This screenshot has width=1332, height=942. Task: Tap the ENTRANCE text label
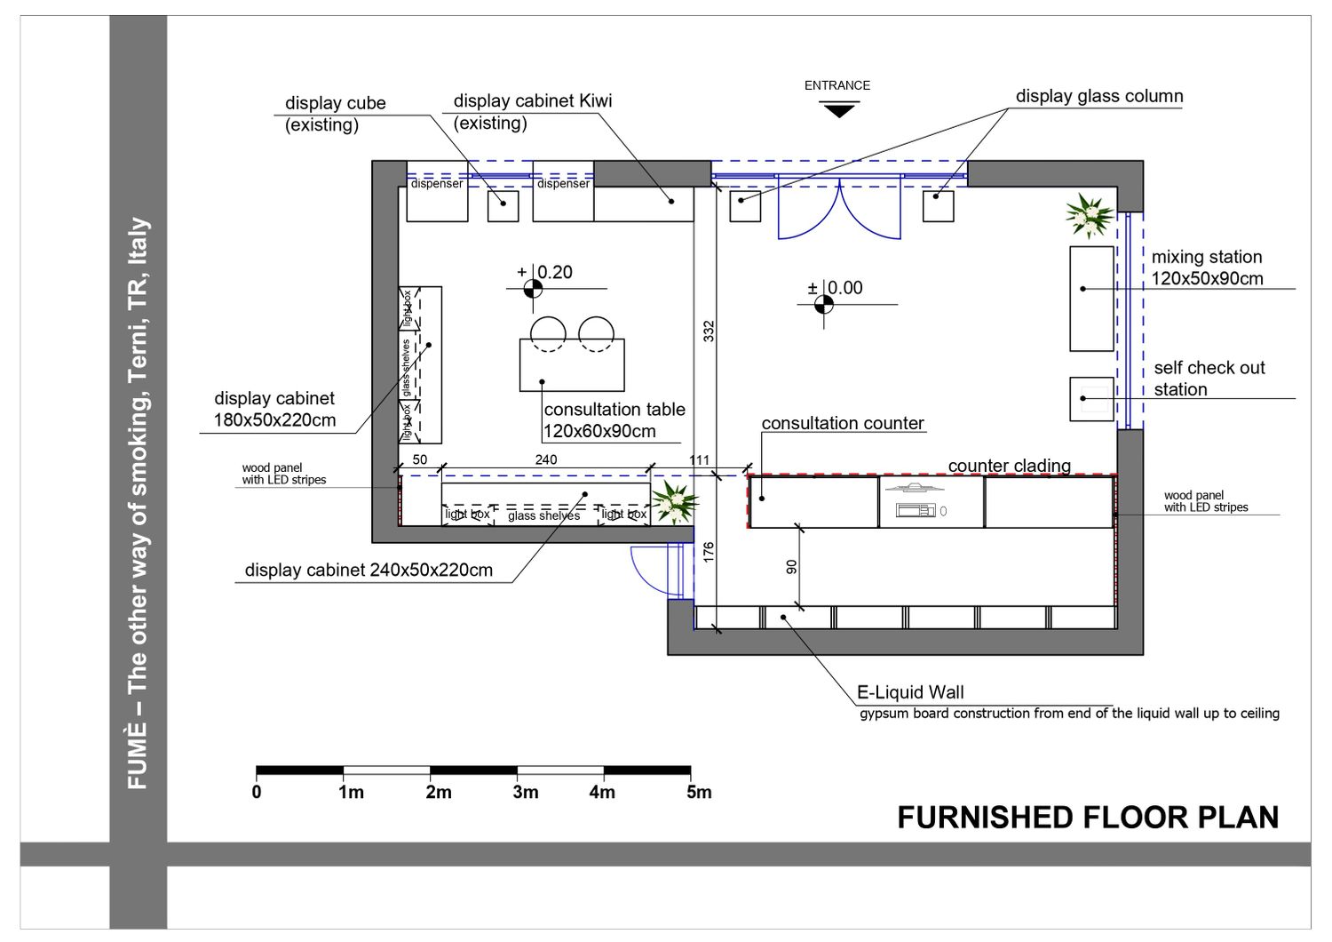837,85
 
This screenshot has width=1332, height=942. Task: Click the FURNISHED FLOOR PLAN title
1088,818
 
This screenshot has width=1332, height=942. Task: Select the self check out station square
1091,399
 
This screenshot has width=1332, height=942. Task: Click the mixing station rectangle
1091,299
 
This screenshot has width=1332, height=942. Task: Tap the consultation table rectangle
572,364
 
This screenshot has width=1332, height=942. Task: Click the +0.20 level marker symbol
533,289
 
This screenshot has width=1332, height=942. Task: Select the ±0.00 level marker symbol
823,305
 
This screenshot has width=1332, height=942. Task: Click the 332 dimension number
709,331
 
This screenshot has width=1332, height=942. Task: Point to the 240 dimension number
546,459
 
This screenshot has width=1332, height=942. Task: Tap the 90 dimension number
791,567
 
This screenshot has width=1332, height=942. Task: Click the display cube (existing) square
503,206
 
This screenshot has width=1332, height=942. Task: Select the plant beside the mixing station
1090,215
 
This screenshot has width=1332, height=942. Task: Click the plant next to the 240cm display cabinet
674,502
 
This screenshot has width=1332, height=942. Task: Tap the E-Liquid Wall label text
910,692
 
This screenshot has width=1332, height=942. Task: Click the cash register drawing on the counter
916,510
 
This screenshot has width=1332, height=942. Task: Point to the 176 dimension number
709,552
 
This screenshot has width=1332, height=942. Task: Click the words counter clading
1009,466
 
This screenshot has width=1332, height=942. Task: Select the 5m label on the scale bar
699,792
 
